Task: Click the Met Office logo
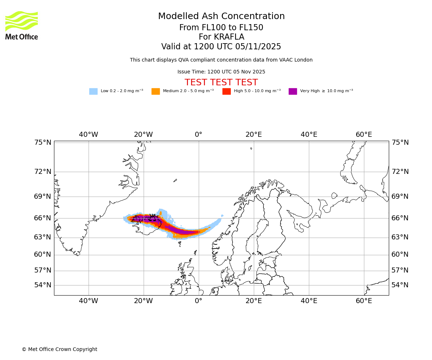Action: point(22,25)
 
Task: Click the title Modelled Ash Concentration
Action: point(221,17)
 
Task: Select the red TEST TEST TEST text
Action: point(221,82)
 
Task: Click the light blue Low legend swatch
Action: point(93,91)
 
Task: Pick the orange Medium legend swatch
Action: point(156,91)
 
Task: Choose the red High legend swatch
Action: point(226,91)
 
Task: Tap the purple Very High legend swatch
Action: point(293,91)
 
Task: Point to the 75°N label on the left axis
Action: point(43,143)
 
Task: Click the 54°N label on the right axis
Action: point(400,285)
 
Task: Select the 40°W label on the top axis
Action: point(89,135)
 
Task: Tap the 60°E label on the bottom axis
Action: point(364,301)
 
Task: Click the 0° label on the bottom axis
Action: point(198,301)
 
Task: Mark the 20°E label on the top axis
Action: point(254,135)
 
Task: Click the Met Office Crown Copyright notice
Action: point(59,349)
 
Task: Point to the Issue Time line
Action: point(221,72)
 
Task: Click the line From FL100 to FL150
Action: point(221,28)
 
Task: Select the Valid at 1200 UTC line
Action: point(221,47)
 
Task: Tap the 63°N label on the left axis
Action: point(43,237)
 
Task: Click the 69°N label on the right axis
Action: point(400,197)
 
